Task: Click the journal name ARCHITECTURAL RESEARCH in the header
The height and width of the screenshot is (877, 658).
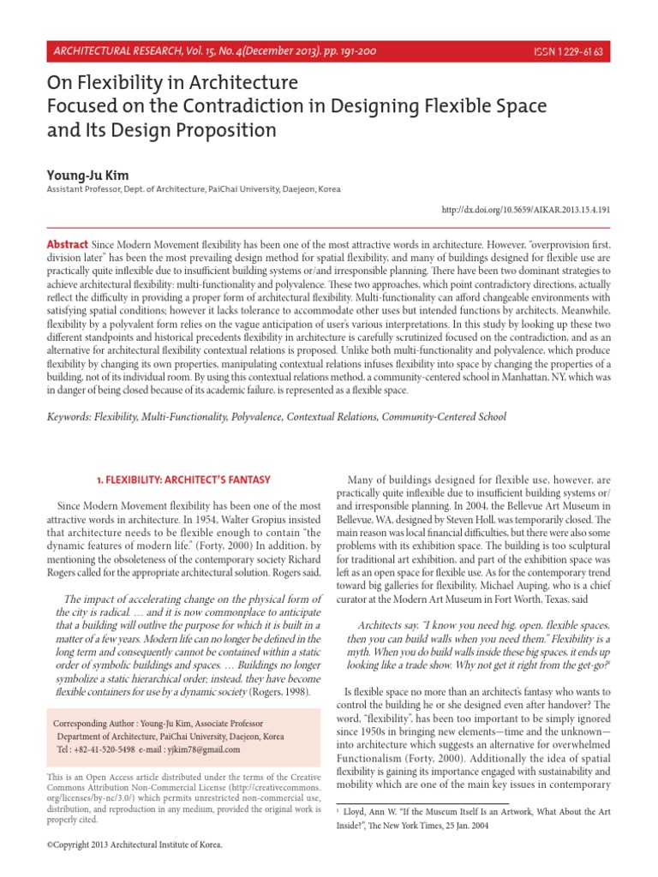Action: (116, 51)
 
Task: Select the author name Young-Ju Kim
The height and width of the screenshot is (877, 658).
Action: (84, 174)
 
